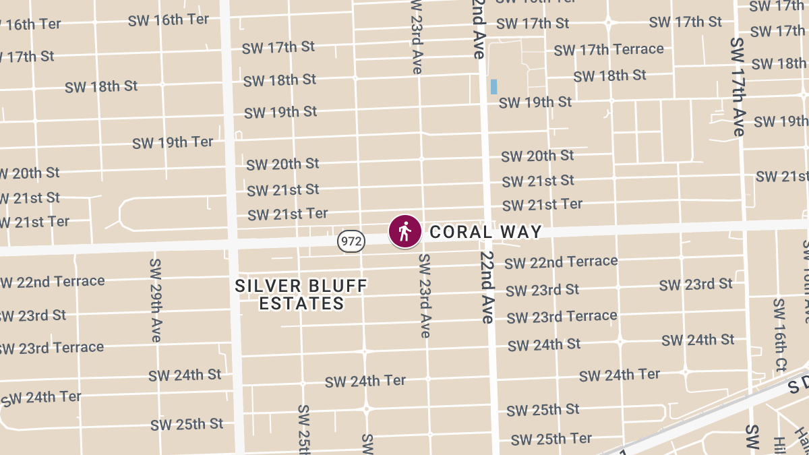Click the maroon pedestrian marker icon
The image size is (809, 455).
(x=404, y=232)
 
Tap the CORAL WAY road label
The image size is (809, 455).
(x=485, y=232)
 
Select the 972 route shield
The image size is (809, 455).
(x=352, y=240)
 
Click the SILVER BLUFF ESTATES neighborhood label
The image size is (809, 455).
(x=301, y=295)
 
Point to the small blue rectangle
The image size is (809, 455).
(x=493, y=86)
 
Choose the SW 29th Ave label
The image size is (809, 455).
(x=156, y=299)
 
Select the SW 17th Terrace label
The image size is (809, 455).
(x=609, y=49)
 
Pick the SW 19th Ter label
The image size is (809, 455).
(x=173, y=142)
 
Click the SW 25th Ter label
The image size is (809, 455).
(x=551, y=439)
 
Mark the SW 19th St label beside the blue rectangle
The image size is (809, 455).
(x=535, y=102)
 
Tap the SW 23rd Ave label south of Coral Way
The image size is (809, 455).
(x=424, y=295)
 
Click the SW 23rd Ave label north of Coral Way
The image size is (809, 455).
(x=415, y=37)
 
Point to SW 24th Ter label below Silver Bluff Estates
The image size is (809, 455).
(x=365, y=382)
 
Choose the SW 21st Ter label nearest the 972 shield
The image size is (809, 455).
(x=288, y=214)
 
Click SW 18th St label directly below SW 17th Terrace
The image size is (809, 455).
(x=610, y=75)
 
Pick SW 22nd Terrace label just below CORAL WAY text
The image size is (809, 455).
(x=561, y=262)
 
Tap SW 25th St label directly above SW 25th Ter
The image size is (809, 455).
(x=543, y=410)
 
